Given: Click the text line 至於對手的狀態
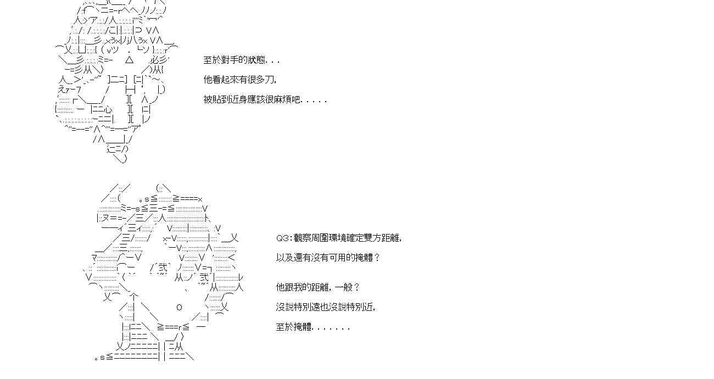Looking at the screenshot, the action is click(241, 60).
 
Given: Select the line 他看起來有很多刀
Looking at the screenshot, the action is click(239, 79).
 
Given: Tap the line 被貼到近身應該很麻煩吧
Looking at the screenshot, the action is click(265, 99).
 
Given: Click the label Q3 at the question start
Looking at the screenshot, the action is click(282, 238).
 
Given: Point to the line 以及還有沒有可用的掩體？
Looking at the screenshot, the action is click(328, 257).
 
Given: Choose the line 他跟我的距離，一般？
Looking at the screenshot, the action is click(317, 287).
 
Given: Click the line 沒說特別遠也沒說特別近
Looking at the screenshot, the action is click(326, 307).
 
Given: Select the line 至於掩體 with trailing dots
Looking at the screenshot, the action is click(313, 327).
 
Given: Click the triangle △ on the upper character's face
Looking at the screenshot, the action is click(129, 60).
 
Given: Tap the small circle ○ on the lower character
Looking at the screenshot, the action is click(179, 307).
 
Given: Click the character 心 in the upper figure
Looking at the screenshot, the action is click(108, 109).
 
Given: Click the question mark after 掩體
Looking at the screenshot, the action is click(377, 257).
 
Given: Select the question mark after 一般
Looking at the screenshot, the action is click(356, 287).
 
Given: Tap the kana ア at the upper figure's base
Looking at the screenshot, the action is click(135, 129).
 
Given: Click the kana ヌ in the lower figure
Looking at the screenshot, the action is click(106, 219).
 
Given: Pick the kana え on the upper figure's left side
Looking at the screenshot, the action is click(63, 90).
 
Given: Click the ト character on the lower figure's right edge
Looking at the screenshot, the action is click(208, 219).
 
